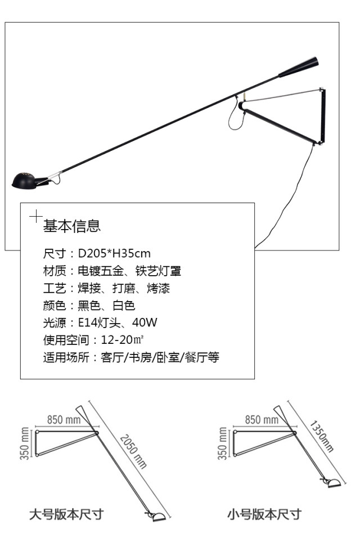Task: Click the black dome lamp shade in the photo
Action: pyautogui.click(x=24, y=180)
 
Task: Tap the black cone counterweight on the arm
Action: pyautogui.click(x=299, y=67)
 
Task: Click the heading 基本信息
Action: pyautogui.click(x=72, y=226)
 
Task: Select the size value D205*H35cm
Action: pyautogui.click(x=114, y=253)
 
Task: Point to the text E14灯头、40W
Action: pyautogui.click(x=117, y=322)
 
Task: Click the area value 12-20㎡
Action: pyautogui.click(x=123, y=340)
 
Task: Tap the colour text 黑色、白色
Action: pyautogui.click(x=106, y=305)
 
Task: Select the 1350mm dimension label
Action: pyautogui.click(x=322, y=436)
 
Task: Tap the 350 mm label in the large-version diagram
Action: pyautogui.click(x=24, y=443)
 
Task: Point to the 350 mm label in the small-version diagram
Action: pyautogui.click(x=222, y=443)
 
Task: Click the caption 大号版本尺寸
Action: pyautogui.click(x=66, y=514)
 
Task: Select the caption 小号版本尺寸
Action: pyautogui.click(x=264, y=514)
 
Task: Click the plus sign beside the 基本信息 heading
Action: pyautogui.click(x=36, y=217)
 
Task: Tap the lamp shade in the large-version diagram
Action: pyautogui.click(x=159, y=517)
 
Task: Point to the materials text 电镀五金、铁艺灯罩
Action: pyautogui.click(x=129, y=271)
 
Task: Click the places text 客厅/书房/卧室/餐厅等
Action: pyautogui.click(x=160, y=357)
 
